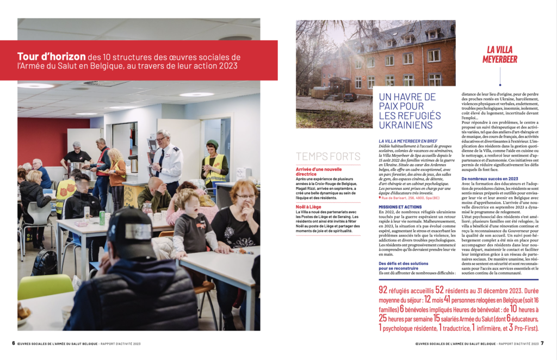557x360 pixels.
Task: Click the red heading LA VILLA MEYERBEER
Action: pos(499,54)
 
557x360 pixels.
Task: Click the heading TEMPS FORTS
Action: pos(327,157)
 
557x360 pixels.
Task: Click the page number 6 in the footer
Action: pos(13,344)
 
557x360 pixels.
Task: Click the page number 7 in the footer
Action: pos(542,344)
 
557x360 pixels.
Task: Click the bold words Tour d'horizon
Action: pos(51,57)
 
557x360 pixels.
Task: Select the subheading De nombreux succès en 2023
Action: pos(490,178)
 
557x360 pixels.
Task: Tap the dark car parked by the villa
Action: pos(349,97)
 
